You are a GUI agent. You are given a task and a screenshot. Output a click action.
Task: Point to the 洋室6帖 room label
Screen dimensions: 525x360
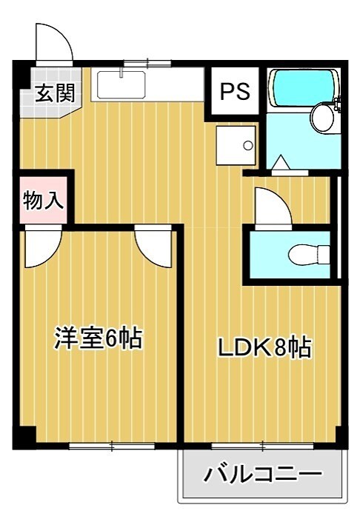coord(97,338)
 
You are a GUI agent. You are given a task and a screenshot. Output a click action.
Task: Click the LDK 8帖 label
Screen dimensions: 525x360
coord(263,347)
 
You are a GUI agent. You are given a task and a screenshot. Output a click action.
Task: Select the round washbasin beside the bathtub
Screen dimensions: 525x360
coord(322,117)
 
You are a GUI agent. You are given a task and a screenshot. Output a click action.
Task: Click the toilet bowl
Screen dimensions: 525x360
coord(307,255)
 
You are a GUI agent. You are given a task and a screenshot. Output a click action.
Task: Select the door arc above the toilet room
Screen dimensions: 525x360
coord(272,205)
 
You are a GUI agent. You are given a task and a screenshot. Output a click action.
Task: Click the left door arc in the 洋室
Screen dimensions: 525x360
coord(41,247)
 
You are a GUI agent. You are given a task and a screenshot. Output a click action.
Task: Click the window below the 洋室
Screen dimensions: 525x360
coord(111,446)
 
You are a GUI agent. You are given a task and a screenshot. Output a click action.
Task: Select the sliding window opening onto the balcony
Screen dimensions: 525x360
coord(263,446)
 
